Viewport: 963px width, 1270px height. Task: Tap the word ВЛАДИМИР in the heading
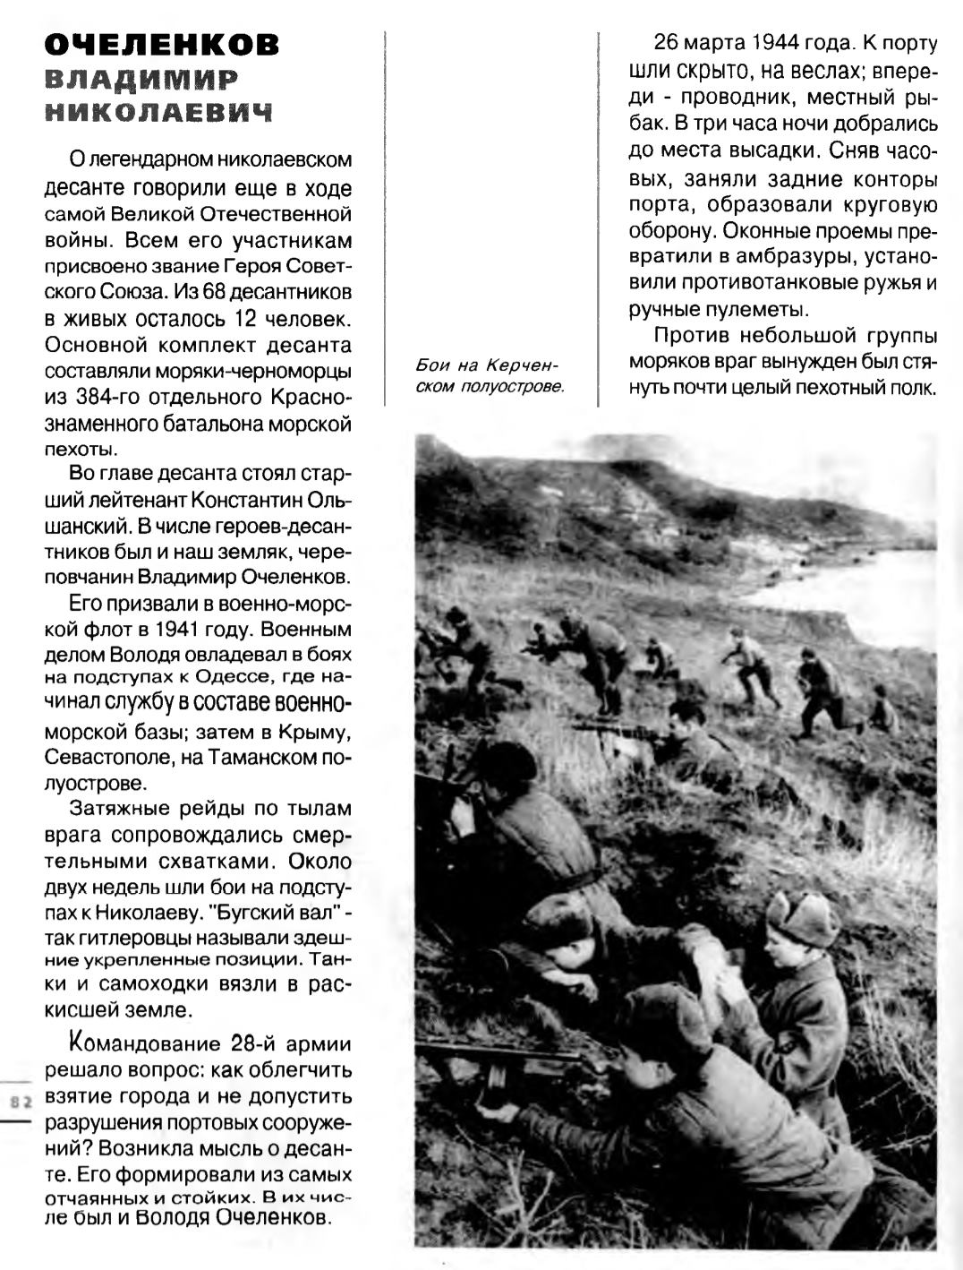click(x=141, y=80)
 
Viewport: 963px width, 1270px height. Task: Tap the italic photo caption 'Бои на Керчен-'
click(x=487, y=366)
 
